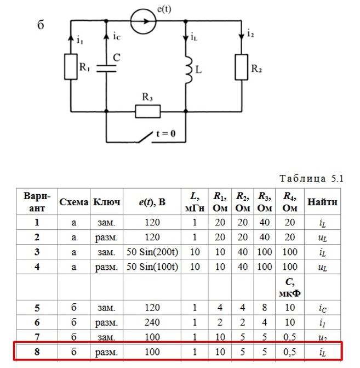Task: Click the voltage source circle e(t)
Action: [x=143, y=21]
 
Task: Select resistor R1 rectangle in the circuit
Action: [x=71, y=67]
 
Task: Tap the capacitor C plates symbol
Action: [x=106, y=69]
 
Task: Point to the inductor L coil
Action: [x=188, y=70]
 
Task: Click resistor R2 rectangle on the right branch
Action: [x=242, y=67]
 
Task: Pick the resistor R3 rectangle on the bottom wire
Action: [x=148, y=111]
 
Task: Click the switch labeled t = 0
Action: [x=145, y=137]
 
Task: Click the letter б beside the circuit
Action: [x=41, y=25]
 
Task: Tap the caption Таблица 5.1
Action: [x=311, y=179]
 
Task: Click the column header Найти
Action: [x=322, y=202]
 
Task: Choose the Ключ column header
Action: [x=106, y=202]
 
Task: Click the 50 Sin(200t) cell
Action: [x=152, y=252]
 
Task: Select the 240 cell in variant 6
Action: [x=152, y=322]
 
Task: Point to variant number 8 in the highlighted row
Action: [x=37, y=352]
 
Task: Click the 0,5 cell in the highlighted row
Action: [x=290, y=352]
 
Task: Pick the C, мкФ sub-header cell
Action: [x=290, y=287]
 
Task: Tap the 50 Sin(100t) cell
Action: [x=152, y=267]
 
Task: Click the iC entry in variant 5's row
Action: [x=323, y=308]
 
